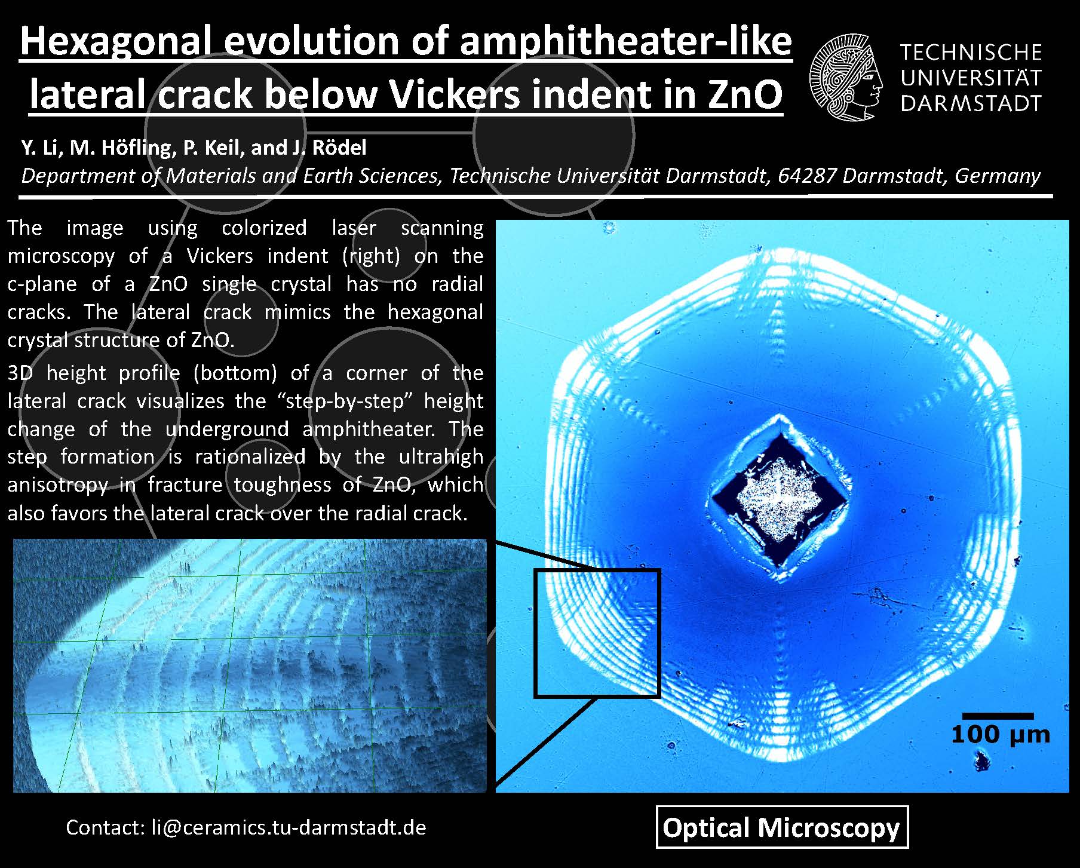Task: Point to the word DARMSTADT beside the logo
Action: coord(971,103)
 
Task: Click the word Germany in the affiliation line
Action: coord(998,176)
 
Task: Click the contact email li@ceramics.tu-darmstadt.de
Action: coord(289,827)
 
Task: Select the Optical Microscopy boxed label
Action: coord(782,827)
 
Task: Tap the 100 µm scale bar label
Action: coord(1000,734)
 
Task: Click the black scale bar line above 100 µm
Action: coord(998,716)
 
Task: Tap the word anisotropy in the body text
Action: coord(58,484)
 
